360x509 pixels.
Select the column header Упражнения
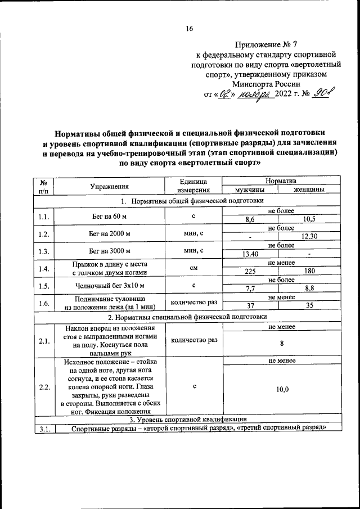click(x=110, y=186)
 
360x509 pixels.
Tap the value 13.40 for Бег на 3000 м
click(x=250, y=254)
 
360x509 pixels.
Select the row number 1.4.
click(x=43, y=268)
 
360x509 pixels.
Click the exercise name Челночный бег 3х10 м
click(x=110, y=285)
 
